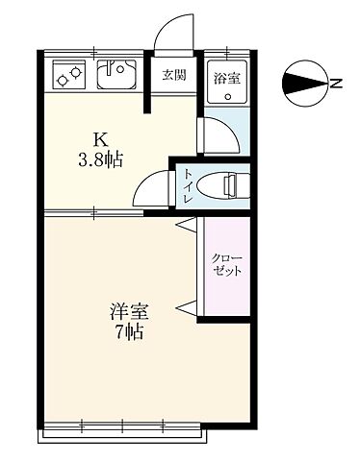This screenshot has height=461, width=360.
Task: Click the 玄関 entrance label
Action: coord(173,75)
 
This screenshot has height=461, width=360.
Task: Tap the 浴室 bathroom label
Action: coord(227,75)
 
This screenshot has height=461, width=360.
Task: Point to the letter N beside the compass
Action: coord(337,83)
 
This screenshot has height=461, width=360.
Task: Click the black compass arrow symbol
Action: coord(304,83)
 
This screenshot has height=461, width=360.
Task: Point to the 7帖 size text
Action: coord(128,334)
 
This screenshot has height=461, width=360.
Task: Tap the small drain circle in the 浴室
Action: coord(229,96)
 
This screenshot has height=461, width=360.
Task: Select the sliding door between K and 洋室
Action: coord(91,211)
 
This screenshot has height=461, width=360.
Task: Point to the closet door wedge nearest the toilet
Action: coord(189,228)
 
